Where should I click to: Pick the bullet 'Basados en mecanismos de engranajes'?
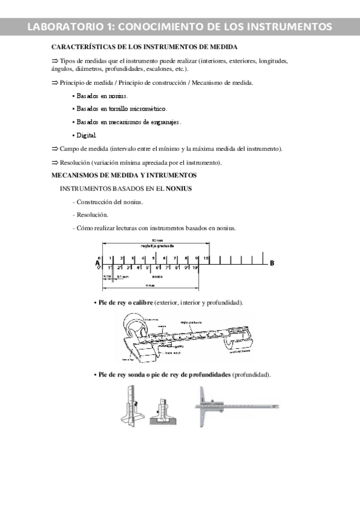pos(127,122)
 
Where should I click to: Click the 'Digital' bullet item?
pos(85,135)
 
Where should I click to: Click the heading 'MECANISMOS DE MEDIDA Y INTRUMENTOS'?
pos(124,175)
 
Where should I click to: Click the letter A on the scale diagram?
pos(97,263)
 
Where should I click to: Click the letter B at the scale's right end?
pos(272,263)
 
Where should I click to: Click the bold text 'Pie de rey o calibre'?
pos(124,302)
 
